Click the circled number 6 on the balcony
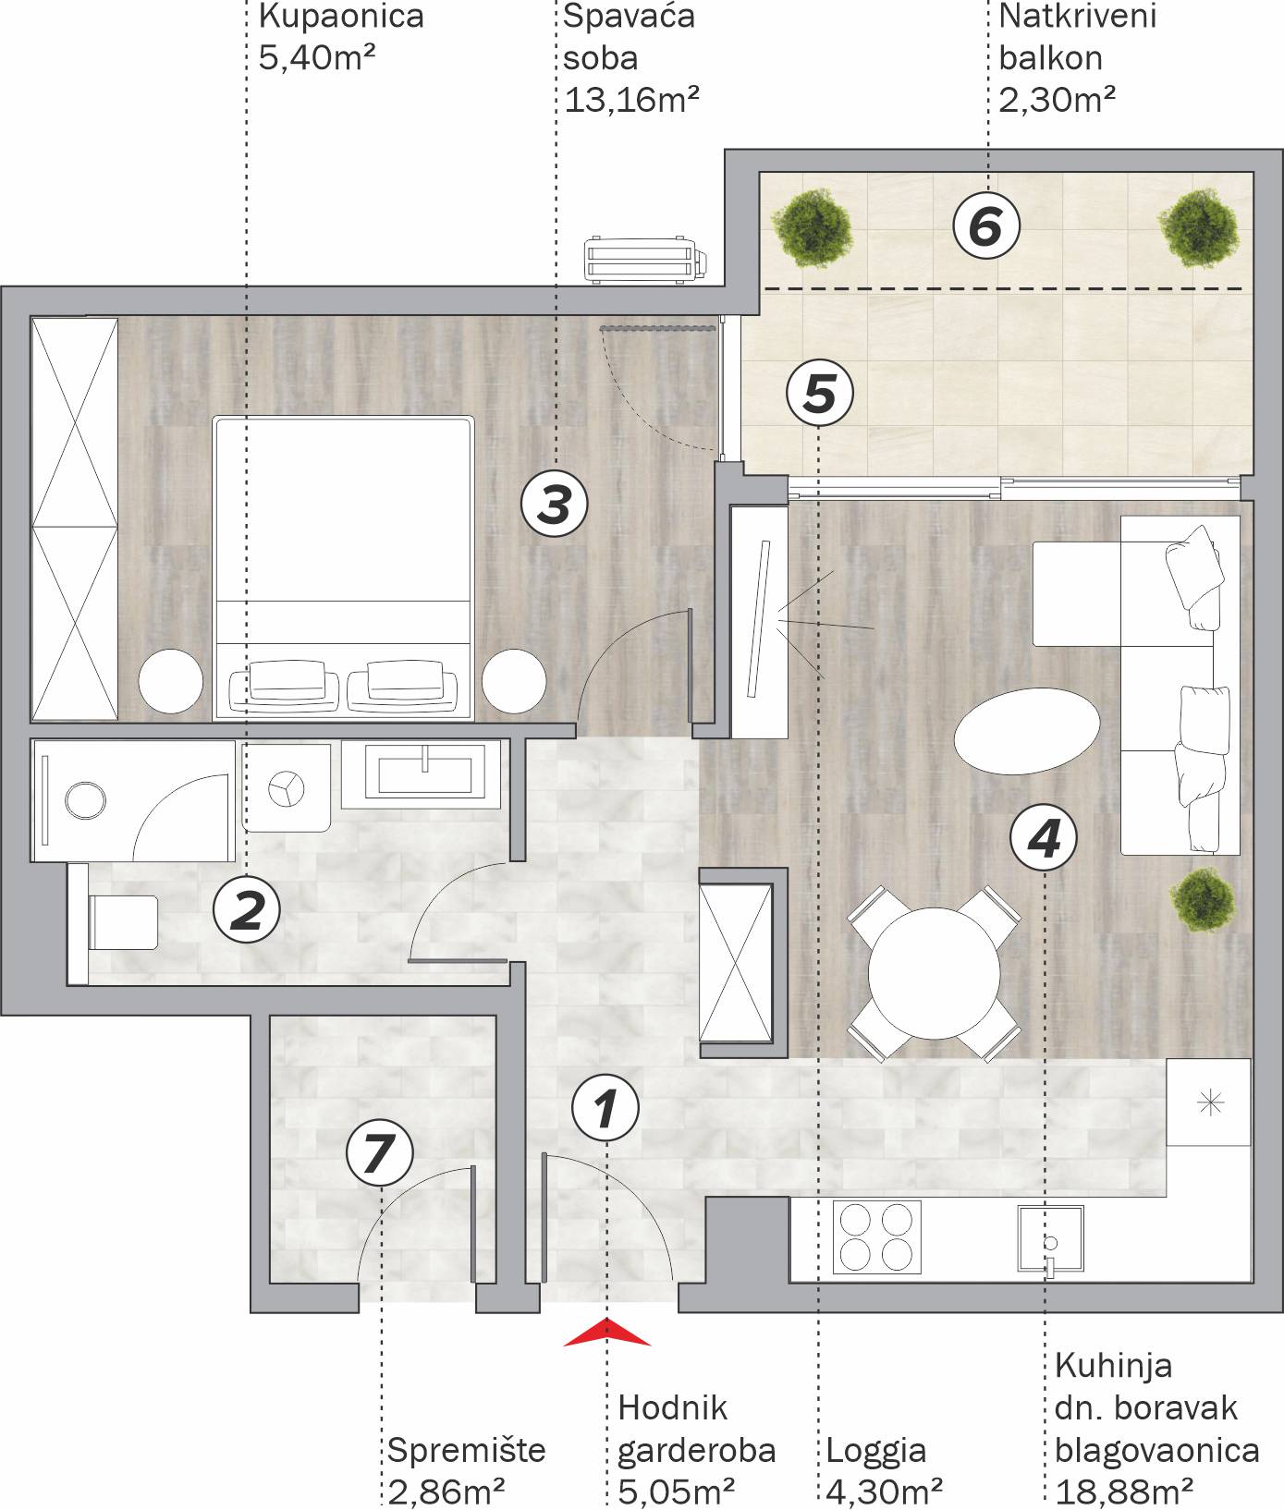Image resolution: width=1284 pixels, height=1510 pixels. pos(985,225)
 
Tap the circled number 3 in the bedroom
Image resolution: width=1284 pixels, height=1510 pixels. pos(555,505)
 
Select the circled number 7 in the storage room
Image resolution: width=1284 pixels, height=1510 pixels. pos(379,1153)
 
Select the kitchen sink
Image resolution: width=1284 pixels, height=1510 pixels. pos(1051,1239)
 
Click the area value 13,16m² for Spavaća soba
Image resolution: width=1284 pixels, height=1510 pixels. pos(631,98)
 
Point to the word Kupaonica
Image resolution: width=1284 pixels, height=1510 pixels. pos(341,16)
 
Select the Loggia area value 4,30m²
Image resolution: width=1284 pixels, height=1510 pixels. pos(885,1491)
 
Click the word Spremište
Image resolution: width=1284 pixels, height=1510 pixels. pos(466,1449)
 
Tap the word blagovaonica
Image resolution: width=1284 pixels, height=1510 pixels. pos(1156,1450)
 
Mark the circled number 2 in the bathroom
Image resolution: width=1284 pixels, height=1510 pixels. pos(247,908)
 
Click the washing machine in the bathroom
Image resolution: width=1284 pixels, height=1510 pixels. pos(287,786)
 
